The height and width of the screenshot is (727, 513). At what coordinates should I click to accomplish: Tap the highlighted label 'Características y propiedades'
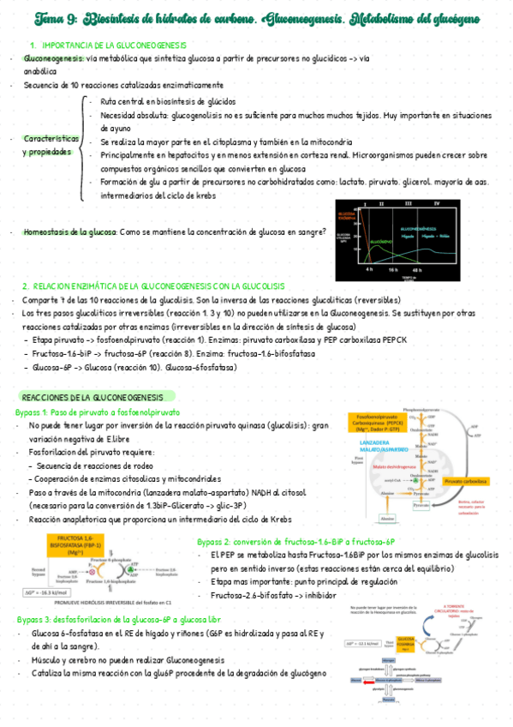pos(51,145)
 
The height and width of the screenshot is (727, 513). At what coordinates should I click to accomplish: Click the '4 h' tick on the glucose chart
pos(368,268)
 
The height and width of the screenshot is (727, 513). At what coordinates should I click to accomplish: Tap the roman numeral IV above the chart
pos(437,204)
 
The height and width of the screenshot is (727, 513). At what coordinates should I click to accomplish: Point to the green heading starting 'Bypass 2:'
pos(295,542)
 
